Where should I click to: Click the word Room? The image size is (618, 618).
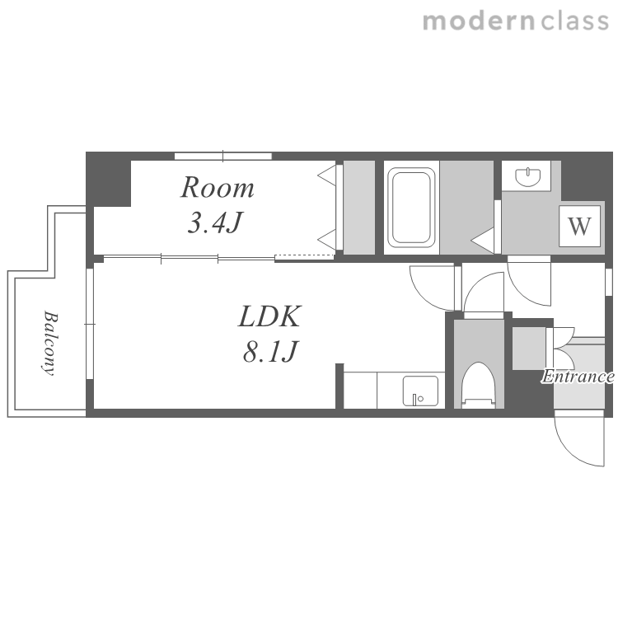click(218, 188)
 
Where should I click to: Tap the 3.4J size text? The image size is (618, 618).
click(214, 222)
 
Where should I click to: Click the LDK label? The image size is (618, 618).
click(270, 316)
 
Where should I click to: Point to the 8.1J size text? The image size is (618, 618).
click(270, 351)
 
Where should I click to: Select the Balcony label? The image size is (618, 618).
click(50, 343)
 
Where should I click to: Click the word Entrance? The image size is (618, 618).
click(578, 377)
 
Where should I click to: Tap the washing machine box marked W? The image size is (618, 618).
click(579, 227)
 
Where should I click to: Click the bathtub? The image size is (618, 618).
click(411, 208)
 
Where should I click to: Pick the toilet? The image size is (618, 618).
click(479, 385)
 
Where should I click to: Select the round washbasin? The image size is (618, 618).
click(527, 176)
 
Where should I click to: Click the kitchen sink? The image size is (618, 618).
click(420, 391)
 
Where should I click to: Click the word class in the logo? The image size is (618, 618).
click(574, 21)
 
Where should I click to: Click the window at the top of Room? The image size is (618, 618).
click(223, 156)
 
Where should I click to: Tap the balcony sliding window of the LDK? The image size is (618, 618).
click(90, 324)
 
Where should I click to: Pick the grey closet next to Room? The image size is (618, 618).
click(359, 208)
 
